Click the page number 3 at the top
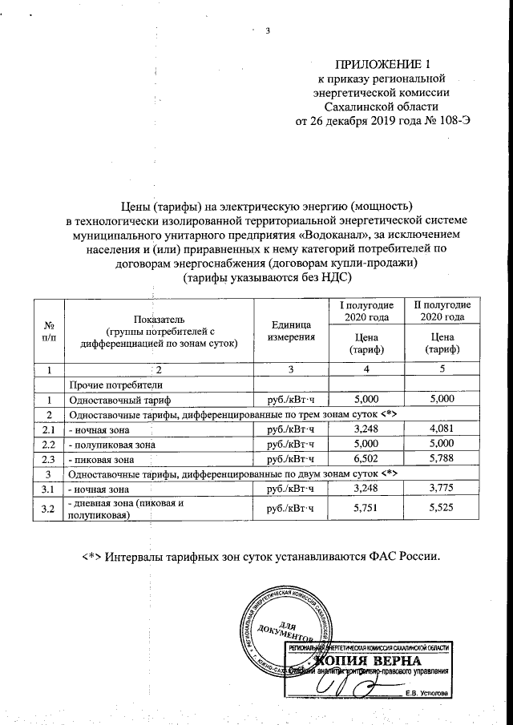pyautogui.click(x=268, y=31)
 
